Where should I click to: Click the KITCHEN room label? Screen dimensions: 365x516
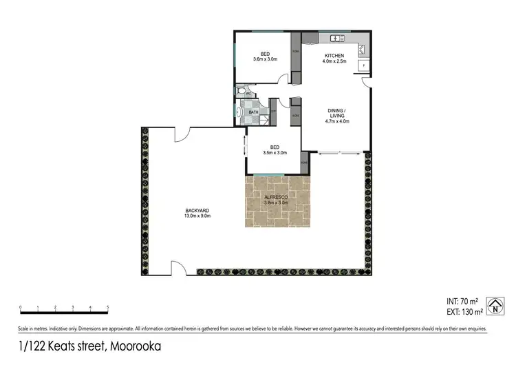point(334,55)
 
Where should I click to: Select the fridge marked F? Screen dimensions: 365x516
point(364,65)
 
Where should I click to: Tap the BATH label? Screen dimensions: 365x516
point(253,112)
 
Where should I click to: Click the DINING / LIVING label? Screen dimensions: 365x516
point(337,113)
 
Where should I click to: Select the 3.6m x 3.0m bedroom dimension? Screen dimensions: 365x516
point(265,60)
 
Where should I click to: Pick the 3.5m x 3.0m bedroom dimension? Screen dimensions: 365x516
point(274,152)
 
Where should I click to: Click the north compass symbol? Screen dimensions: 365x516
point(494,305)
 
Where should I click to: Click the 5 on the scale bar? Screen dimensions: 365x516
point(108,306)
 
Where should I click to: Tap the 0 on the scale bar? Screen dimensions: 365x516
point(21,306)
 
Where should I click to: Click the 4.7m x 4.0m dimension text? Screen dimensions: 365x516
point(337,121)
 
